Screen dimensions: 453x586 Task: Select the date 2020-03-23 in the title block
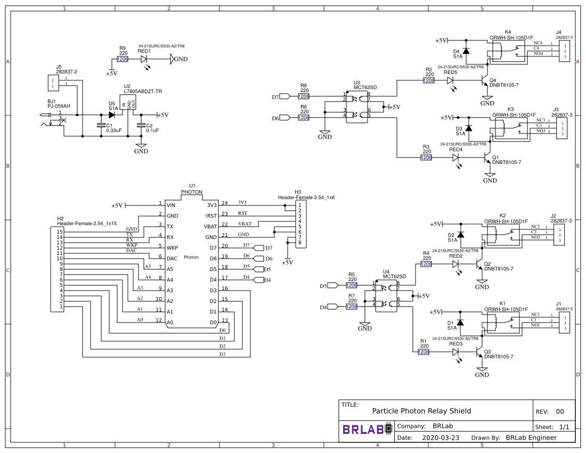pyautogui.click(x=440, y=438)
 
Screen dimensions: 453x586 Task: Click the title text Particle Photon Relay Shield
pyautogui.click(x=421, y=410)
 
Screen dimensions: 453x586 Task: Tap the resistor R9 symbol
pyautogui.click(x=123, y=59)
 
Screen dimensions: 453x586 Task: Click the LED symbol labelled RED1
pyautogui.click(x=144, y=59)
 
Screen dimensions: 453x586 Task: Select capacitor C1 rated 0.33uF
pyautogui.click(x=101, y=126)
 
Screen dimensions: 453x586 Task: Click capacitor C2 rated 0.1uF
pyautogui.click(x=141, y=126)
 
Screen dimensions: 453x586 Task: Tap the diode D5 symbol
pyautogui.click(x=112, y=114)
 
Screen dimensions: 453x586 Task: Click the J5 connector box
pyautogui.click(x=52, y=83)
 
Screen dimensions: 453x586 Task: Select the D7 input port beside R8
pyautogui.click(x=284, y=96)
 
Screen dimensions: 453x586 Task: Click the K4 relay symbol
pyautogui.click(x=504, y=51)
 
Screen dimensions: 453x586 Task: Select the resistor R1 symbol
pyautogui.click(x=424, y=352)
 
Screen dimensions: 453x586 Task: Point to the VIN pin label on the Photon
pyautogui.click(x=171, y=205)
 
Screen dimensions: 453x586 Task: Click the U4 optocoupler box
pyautogui.click(x=386, y=296)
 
